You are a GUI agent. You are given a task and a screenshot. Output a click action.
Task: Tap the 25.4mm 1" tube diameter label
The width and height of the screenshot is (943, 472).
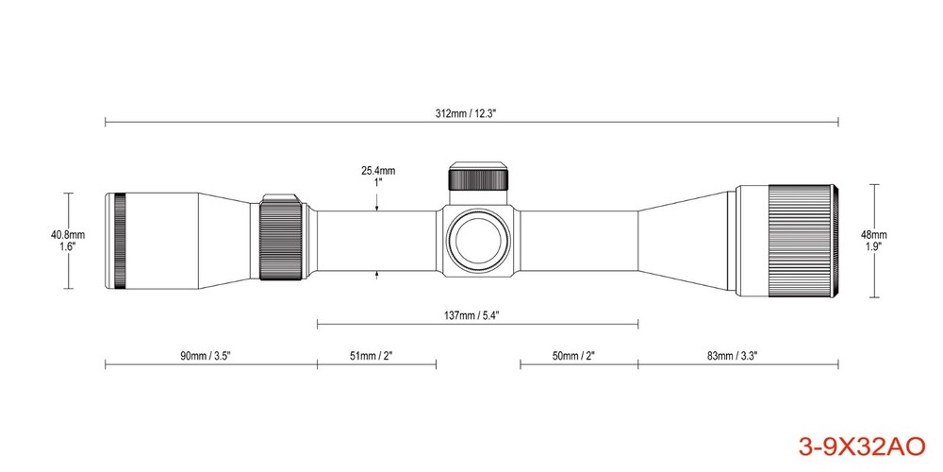click(x=378, y=176)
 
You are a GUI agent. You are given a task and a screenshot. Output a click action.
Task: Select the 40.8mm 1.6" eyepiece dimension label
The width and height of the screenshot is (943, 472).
click(x=68, y=240)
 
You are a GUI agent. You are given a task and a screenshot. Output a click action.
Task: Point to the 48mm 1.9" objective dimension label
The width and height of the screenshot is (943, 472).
click(x=874, y=240)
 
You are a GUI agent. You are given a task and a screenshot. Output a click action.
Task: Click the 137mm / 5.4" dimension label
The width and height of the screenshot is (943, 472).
click(x=471, y=315)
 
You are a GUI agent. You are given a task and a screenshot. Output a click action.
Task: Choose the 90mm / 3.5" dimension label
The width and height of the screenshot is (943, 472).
click(x=206, y=355)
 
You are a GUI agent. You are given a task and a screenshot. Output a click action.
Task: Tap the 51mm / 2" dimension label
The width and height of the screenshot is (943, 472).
click(x=371, y=355)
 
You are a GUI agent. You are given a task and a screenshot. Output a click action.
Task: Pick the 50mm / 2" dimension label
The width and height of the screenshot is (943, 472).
click(x=573, y=355)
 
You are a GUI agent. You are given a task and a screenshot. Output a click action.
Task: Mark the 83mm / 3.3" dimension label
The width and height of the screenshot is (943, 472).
click(x=732, y=355)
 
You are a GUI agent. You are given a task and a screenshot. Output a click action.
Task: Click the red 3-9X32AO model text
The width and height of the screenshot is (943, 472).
click(x=862, y=447)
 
